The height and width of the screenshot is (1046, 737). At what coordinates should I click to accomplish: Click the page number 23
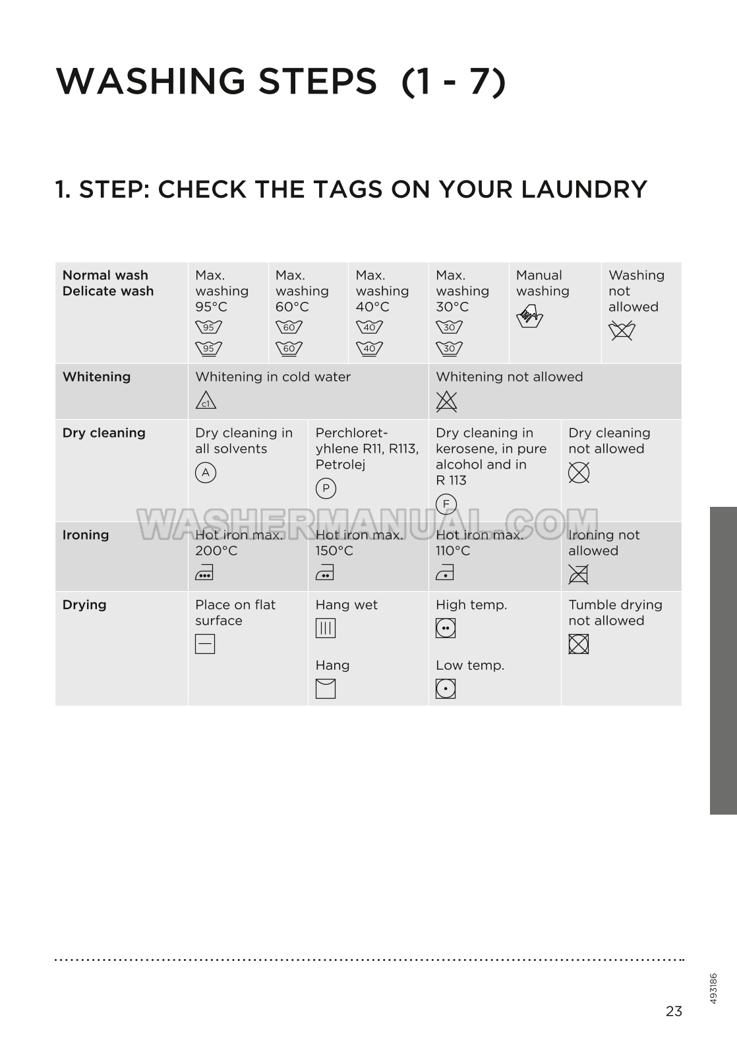674,1011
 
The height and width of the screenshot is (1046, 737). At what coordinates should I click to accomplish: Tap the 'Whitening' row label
96,377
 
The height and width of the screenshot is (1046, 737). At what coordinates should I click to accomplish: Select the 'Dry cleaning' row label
103,433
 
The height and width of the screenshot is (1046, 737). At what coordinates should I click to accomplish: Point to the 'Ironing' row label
86,535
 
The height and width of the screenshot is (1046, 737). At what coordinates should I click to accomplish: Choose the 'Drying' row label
84,604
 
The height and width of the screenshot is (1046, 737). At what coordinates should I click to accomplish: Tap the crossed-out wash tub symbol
622,331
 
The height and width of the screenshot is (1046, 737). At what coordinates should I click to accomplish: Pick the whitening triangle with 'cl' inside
206,401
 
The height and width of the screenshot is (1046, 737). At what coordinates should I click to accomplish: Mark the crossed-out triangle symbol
446,401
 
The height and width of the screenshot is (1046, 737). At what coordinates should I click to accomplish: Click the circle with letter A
206,473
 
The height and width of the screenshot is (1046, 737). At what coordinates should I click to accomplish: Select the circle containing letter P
326,488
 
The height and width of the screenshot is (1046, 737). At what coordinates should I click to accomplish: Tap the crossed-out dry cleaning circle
579,473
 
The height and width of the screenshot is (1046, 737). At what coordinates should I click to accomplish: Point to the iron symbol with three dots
204,573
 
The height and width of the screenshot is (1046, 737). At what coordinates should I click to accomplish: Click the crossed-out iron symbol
578,574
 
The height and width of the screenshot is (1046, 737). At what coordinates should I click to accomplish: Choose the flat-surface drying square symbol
205,644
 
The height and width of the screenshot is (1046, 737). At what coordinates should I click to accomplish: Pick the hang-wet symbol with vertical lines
326,628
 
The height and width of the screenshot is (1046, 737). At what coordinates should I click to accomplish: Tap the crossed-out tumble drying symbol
579,644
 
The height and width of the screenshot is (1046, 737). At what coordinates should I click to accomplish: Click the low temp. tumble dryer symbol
446,689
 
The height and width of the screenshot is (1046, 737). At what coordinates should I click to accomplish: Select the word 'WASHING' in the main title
150,81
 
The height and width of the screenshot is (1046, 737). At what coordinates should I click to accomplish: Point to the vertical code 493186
713,989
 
